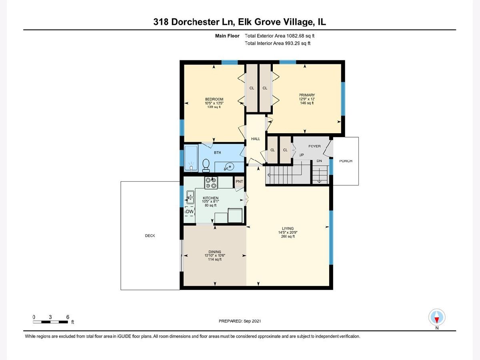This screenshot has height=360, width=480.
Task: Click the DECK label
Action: (x=150, y=236)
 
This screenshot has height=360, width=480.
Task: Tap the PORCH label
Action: (x=346, y=161)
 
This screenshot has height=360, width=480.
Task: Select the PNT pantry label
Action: (x=239, y=182)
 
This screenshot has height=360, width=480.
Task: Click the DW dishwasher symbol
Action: (x=190, y=211)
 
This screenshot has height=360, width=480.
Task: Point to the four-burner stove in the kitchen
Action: (x=211, y=183)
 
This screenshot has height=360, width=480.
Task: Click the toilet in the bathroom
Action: (x=206, y=165)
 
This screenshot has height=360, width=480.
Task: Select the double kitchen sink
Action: (x=190, y=197)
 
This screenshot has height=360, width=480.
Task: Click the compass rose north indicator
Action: (x=437, y=317)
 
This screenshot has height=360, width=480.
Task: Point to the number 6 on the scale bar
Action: (x=68, y=317)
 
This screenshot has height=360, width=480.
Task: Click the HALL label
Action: (x=256, y=139)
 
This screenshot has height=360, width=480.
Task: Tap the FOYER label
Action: (x=314, y=146)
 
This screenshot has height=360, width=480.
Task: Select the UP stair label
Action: (x=301, y=155)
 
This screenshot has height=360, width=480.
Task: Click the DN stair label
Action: (x=319, y=161)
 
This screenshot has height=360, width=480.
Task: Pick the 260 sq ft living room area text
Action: (x=288, y=236)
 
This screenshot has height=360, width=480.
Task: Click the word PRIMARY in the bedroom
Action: (x=307, y=95)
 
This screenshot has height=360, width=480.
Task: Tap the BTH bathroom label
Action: (x=217, y=152)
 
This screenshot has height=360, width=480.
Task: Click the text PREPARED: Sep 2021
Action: (x=240, y=321)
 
